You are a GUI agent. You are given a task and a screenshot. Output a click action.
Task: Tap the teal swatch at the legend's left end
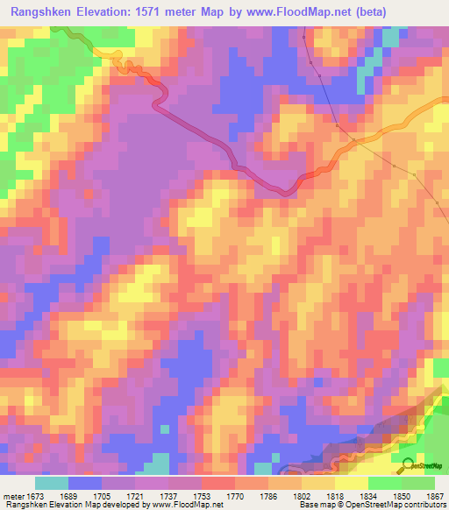pos(52,483)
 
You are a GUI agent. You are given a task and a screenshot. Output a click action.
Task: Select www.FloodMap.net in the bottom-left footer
pos(187,506)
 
